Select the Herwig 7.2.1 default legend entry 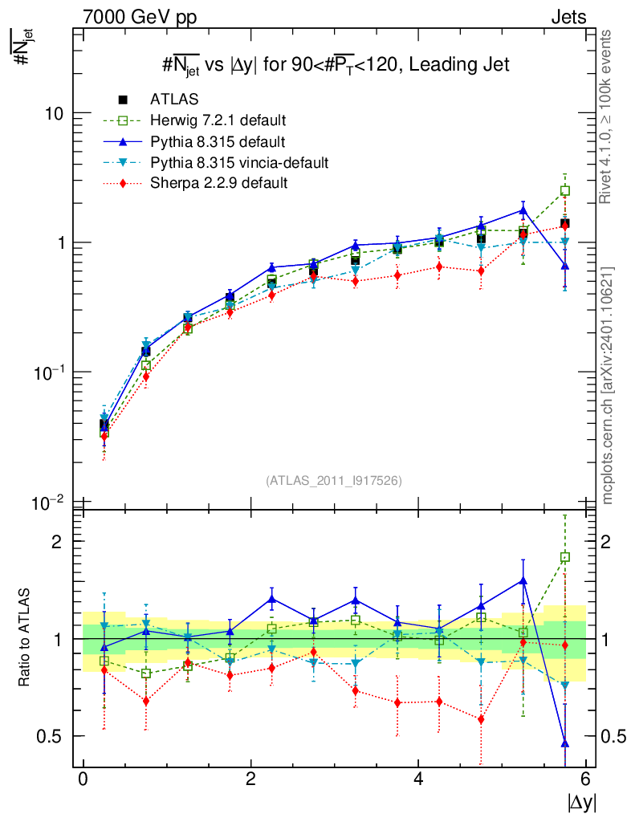click(x=218, y=121)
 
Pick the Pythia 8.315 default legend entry click(x=217, y=142)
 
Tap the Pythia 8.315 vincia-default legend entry click(x=239, y=163)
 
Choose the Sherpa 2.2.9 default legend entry click(x=218, y=184)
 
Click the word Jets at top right click(x=568, y=17)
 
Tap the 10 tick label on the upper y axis click(x=53, y=113)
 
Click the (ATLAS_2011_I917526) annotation click(x=334, y=480)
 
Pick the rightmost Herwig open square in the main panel click(x=565, y=191)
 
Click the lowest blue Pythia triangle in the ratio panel click(x=565, y=743)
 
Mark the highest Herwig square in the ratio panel click(x=565, y=557)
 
